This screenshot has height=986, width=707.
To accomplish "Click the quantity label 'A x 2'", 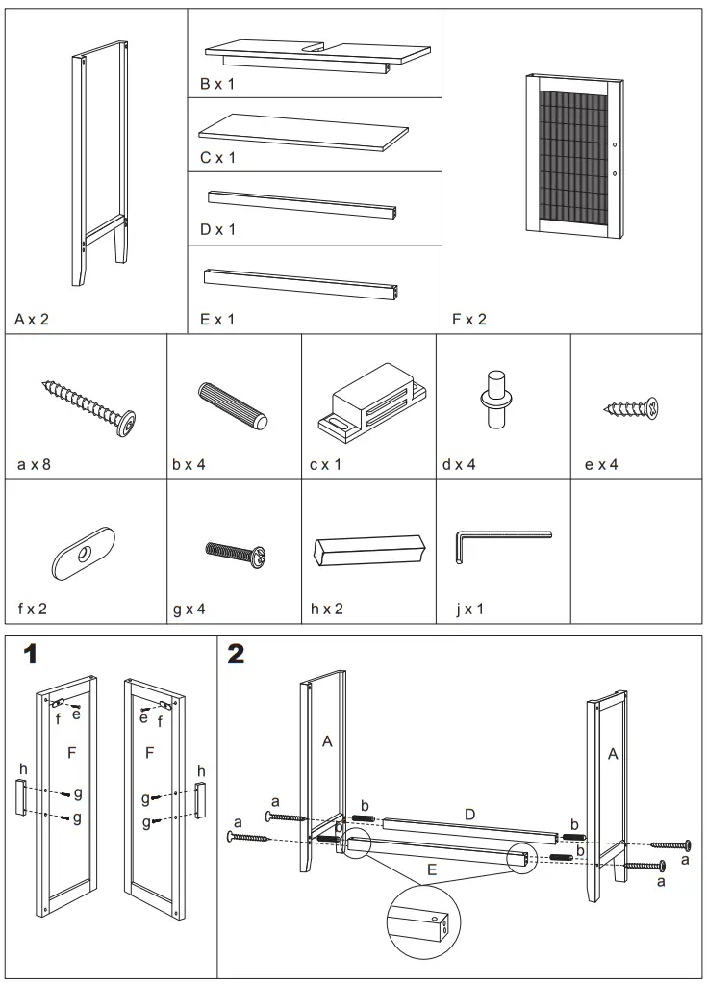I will click(x=32, y=319).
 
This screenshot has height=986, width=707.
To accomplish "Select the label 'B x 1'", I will click(x=217, y=85).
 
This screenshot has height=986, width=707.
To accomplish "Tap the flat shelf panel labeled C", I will click(x=303, y=130).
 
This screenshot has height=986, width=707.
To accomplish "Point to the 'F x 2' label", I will click(x=469, y=319).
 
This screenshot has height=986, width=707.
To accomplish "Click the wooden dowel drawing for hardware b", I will click(x=232, y=405).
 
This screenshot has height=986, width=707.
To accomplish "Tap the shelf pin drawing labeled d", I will click(x=496, y=399).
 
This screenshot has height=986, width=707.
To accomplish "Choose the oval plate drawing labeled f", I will click(x=83, y=553).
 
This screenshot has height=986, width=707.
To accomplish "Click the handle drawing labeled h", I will click(x=368, y=550).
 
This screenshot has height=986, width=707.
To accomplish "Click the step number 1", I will click(x=31, y=655).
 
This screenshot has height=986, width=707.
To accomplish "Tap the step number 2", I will click(x=236, y=655).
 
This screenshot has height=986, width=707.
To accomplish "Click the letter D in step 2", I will click(x=469, y=815).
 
